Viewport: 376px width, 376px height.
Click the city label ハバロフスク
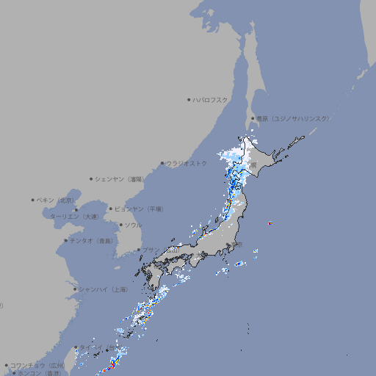211,99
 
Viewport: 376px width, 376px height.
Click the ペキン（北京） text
57,200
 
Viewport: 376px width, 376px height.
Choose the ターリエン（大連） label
74,217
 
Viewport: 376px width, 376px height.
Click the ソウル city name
133,225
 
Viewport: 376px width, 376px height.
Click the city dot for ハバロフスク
189,99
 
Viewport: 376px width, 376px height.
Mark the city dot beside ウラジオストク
162,163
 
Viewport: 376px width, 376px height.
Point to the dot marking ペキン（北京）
33,200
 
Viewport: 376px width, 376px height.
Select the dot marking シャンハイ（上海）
75,289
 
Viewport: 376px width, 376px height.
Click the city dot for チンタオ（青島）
65,240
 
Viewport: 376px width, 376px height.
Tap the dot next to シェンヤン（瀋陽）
91,178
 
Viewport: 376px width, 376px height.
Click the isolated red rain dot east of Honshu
270,223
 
